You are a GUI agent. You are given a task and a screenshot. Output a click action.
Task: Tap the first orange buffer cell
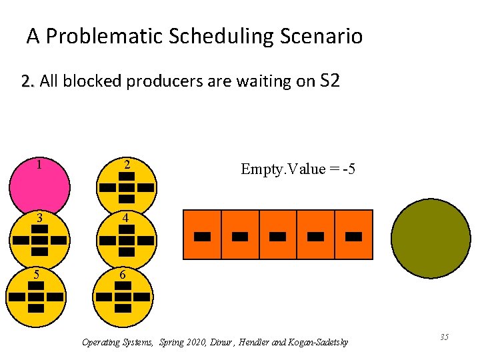pos(202,235)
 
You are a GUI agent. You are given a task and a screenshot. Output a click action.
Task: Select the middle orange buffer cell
pos(278,235)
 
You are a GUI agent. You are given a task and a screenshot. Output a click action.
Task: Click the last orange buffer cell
pos(354,235)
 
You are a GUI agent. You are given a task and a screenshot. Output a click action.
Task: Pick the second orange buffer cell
pos(240,235)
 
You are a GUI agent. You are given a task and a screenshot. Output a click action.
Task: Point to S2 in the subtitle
pos(330,81)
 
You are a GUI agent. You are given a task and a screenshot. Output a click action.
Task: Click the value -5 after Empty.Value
pos(347,170)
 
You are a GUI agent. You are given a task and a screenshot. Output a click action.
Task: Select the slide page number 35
pos(444,337)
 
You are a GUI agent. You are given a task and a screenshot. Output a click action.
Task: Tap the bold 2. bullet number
pos(28,82)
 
